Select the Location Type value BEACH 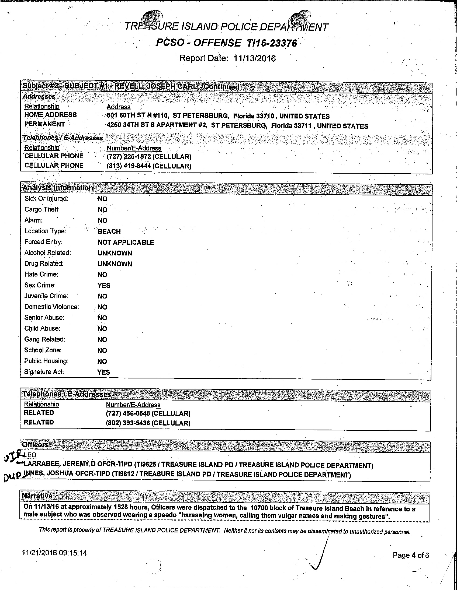coord(109,231)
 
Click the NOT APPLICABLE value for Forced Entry coord(126,242)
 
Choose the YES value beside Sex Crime coord(103,286)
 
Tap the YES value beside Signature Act coord(103,372)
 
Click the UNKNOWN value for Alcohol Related coord(115,253)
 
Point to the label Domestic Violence coord(51,307)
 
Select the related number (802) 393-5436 coord(128,423)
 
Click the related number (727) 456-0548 coord(128,414)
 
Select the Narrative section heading coord(37,496)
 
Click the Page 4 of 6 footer coord(411,555)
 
